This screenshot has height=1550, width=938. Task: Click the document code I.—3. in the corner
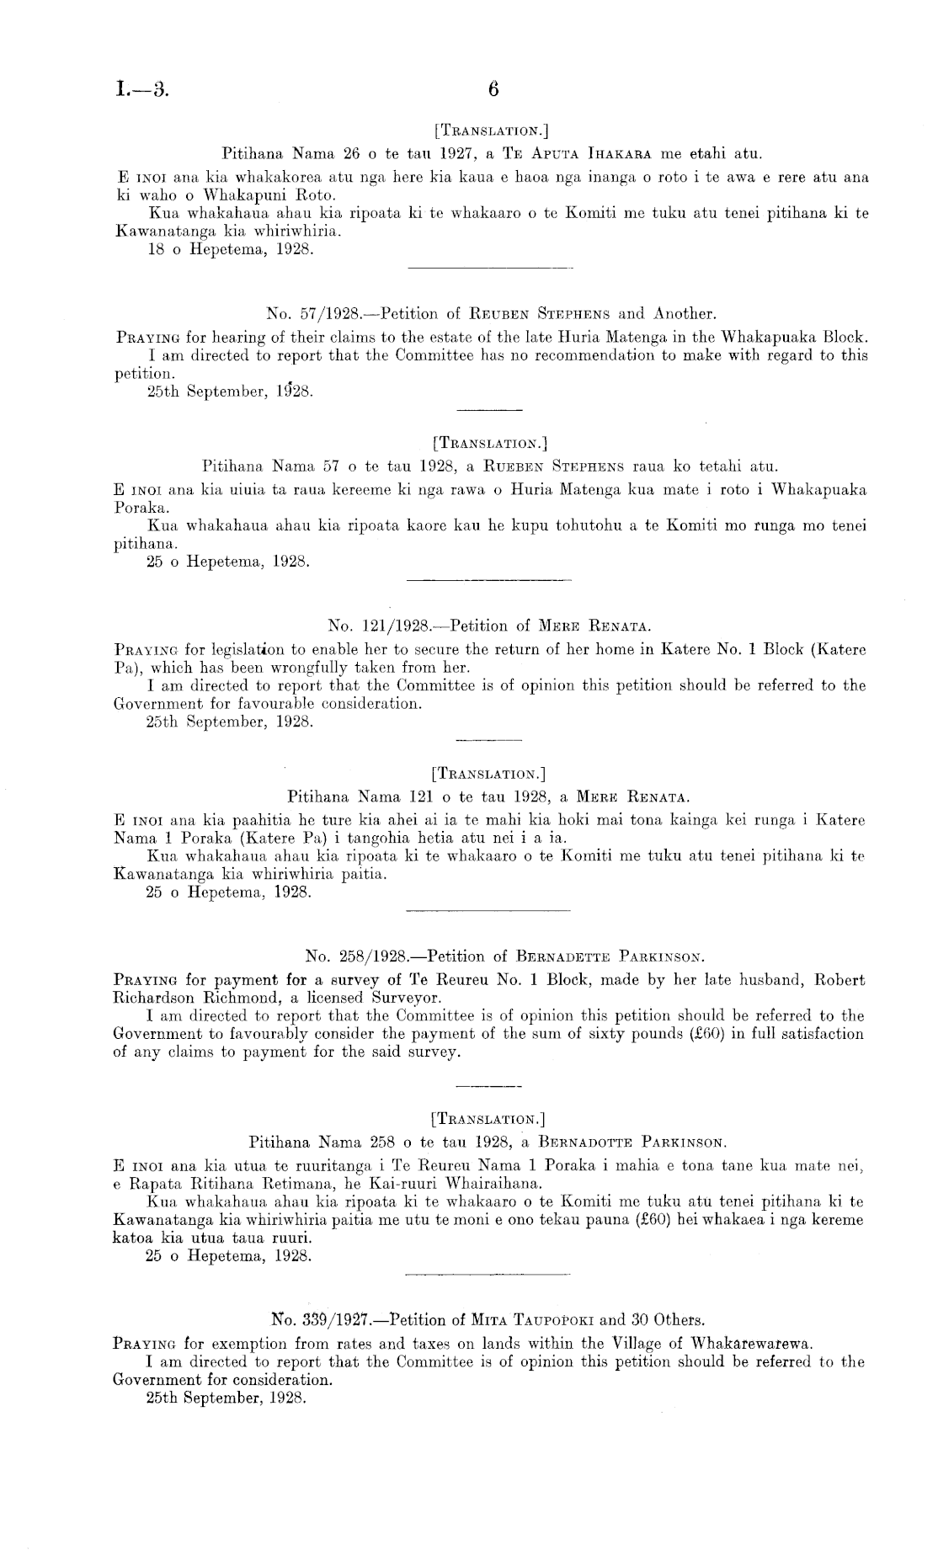click(141, 89)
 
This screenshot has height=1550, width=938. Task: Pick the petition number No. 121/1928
click(378, 626)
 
